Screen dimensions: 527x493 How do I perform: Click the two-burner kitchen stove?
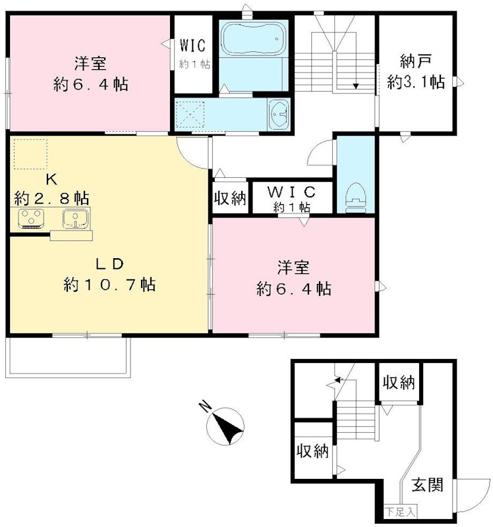coord(30,218)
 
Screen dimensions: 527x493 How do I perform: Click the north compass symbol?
coord(227,426)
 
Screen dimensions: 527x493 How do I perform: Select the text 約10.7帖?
coord(109,285)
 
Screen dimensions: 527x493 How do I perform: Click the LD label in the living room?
coord(109,264)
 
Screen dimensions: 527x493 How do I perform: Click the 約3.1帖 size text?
coord(416,82)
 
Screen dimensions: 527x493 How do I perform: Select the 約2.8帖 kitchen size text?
coord(51,197)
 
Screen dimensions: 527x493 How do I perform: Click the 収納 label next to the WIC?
coord(230,198)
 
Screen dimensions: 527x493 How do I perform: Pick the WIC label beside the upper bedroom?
coord(192,46)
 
